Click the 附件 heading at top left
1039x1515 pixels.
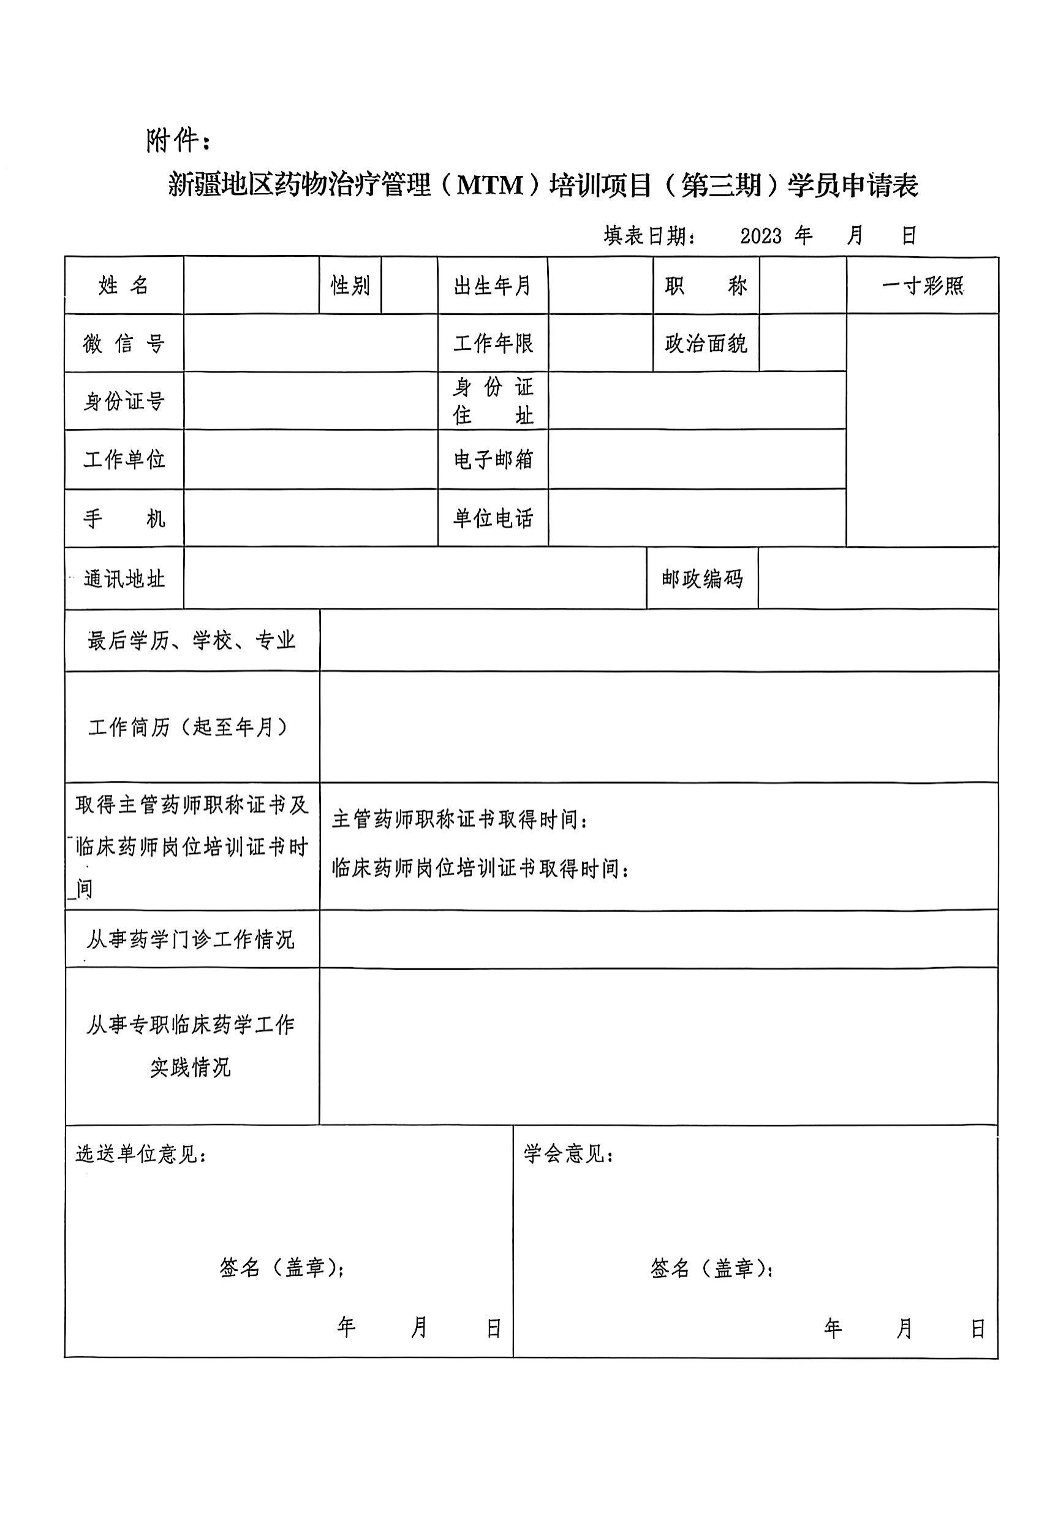177,141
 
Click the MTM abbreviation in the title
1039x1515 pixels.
491,186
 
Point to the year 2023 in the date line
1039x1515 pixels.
760,235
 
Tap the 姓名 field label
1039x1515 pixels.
124,286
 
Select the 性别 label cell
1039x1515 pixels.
350,286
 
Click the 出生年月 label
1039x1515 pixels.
492,286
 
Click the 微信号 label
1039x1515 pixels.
124,344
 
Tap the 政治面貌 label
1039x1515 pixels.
706,344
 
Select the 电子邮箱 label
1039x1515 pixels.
493,460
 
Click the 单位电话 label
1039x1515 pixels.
493,518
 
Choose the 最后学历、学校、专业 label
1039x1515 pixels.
192,641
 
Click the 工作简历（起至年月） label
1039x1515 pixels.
189,727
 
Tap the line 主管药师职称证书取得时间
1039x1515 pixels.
460,819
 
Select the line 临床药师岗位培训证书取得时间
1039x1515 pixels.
480,868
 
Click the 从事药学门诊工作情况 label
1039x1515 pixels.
191,940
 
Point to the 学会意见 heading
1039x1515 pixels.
569,1154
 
